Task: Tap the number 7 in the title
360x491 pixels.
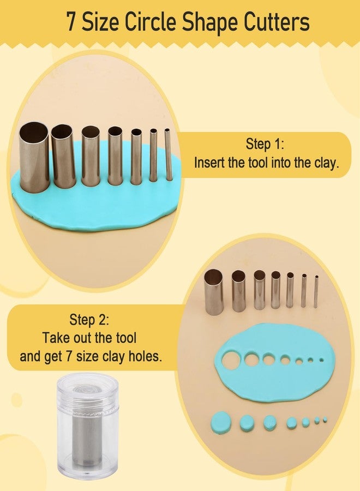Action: coord(71,22)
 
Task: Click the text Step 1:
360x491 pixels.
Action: coord(265,144)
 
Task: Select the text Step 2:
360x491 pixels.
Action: coord(89,320)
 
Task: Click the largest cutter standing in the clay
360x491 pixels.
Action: coord(34,157)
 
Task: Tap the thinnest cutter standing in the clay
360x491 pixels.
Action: coord(168,154)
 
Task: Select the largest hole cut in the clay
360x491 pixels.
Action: coord(231,359)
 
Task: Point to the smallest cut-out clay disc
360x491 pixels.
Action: coord(325,419)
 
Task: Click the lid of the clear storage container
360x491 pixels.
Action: coord(83,393)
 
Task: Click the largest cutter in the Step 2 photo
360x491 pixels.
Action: coord(213,291)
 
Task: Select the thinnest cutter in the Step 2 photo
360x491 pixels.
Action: coord(316,291)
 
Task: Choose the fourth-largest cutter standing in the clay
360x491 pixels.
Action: coord(115,155)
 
